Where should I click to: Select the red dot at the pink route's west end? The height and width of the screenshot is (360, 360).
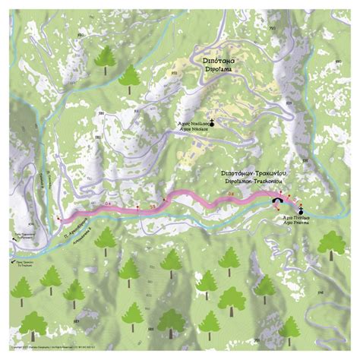click(58, 219)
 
